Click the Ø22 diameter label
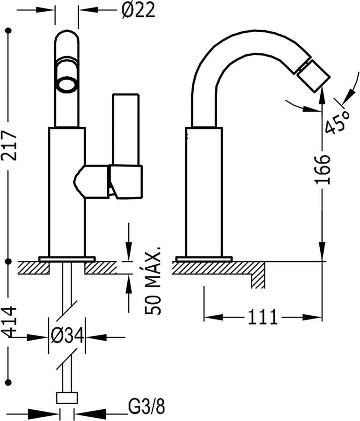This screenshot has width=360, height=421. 139,10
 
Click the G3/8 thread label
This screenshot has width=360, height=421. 146,407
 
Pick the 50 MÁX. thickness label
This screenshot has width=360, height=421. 152,280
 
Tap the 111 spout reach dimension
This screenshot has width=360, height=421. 263,317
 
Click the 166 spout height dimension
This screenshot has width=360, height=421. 322,169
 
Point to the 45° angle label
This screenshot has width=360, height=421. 338,122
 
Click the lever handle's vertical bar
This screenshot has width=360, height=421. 126,129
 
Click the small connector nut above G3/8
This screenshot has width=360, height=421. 67,398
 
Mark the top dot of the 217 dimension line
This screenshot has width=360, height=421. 10,30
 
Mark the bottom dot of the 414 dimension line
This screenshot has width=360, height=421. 10,381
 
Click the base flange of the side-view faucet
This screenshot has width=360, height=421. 204,259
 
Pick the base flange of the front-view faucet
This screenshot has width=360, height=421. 67,259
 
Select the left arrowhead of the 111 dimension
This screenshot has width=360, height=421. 214,317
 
